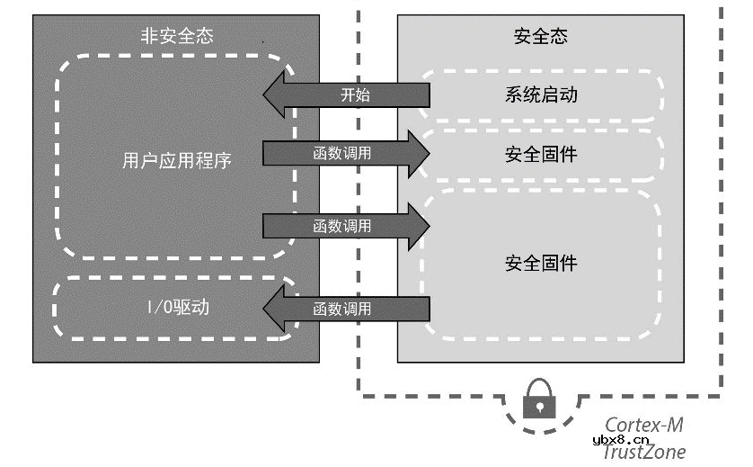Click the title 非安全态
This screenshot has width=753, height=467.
(x=176, y=36)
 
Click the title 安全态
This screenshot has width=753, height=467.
(x=540, y=36)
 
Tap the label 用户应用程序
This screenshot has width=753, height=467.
(x=176, y=160)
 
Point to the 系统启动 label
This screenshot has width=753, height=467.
(x=540, y=94)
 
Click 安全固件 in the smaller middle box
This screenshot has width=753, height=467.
(x=540, y=154)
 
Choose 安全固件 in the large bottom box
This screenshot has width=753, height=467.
(x=540, y=263)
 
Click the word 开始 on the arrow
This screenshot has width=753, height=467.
(x=355, y=94)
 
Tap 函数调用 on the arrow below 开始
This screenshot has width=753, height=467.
(x=341, y=154)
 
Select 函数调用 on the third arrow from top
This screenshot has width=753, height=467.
(x=341, y=226)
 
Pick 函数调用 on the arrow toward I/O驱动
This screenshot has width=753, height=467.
(x=341, y=309)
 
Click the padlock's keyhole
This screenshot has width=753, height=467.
(x=539, y=406)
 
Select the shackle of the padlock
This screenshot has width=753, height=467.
(x=539, y=385)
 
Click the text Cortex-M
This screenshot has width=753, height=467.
(x=643, y=424)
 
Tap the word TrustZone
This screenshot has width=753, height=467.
(x=643, y=452)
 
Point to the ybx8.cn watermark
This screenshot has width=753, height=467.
(x=621, y=439)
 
